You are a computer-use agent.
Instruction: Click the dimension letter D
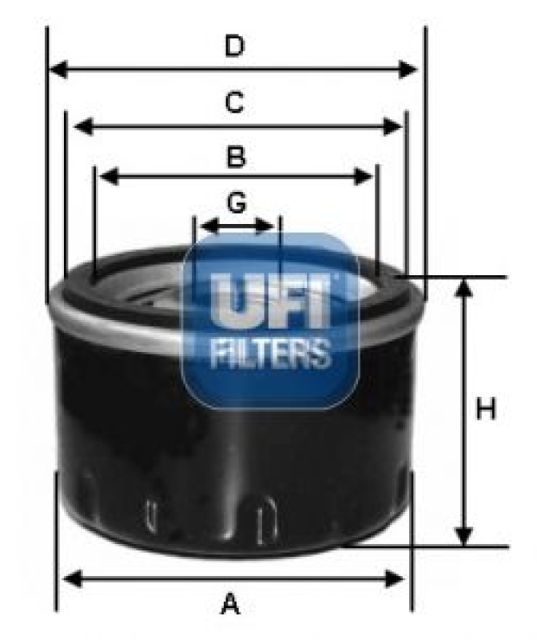pyautogui.click(x=233, y=47)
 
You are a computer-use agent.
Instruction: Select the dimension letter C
pyautogui.click(x=233, y=103)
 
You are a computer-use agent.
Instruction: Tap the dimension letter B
pyautogui.click(x=235, y=158)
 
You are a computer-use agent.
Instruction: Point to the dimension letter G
pyautogui.click(x=236, y=204)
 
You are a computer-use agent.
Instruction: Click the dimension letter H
pyautogui.click(x=486, y=410)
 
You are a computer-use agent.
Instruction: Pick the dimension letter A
pyautogui.click(x=231, y=604)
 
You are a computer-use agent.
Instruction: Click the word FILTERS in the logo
pyautogui.click(x=270, y=352)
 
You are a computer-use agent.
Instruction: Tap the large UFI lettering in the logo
pyautogui.click(x=270, y=302)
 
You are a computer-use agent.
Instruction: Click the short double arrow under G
pyautogui.click(x=237, y=226)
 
